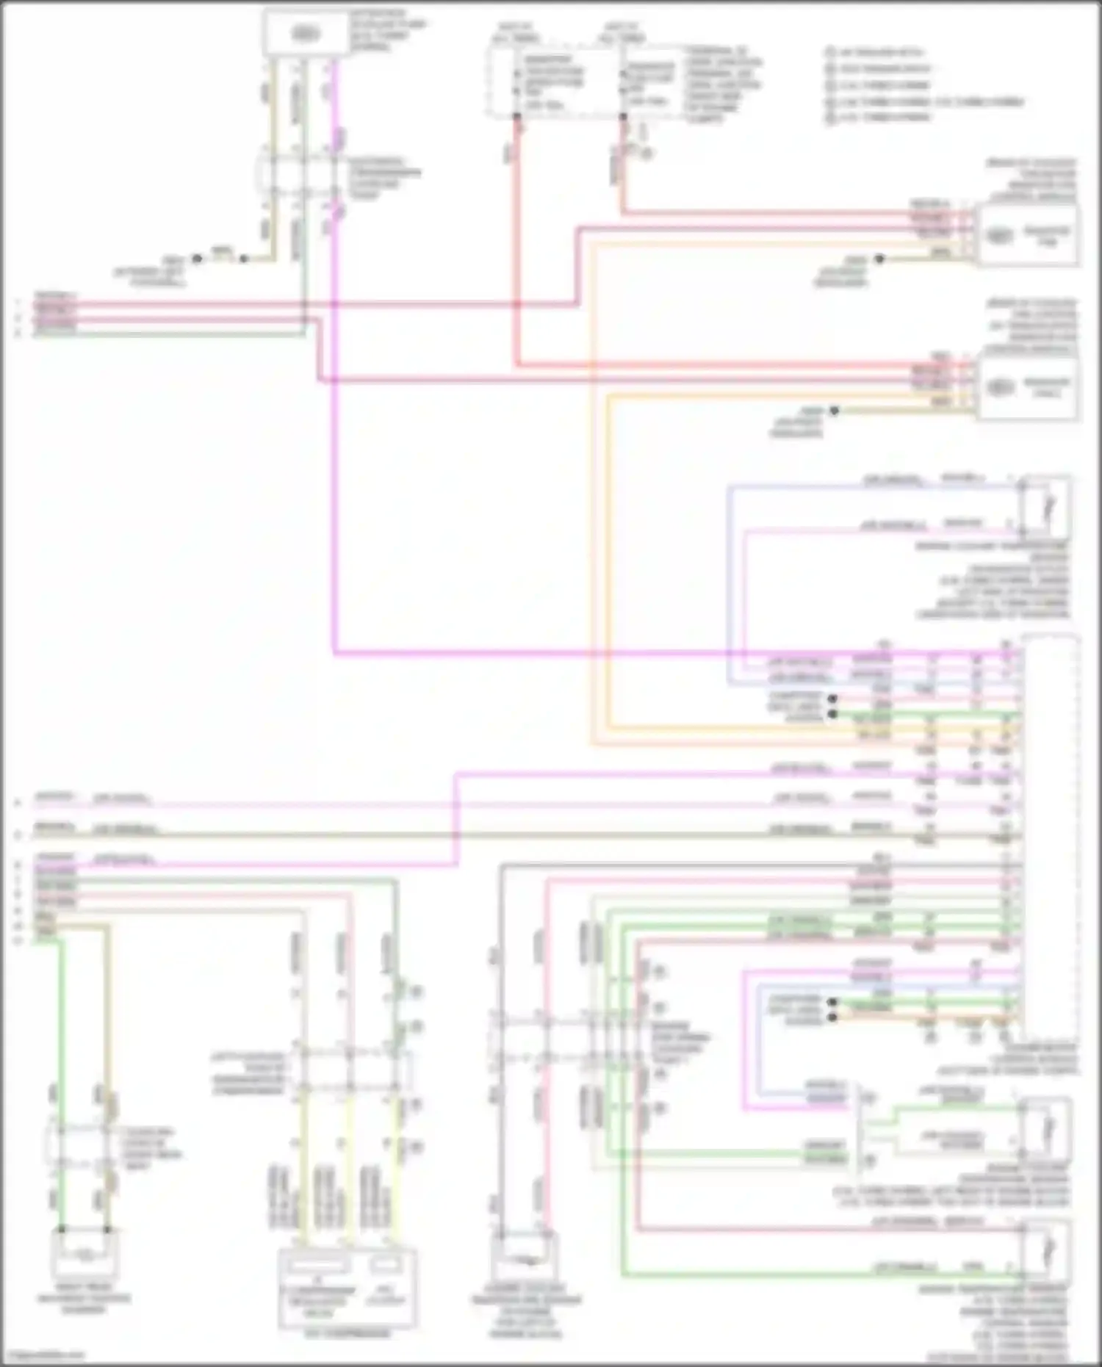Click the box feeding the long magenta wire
[306, 34]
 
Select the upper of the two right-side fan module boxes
[1026, 235]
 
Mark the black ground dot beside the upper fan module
[879, 259]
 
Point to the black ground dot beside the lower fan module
[834, 411]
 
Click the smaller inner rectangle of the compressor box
[385, 1264]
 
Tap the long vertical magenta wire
[335, 441]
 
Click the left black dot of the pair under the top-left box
[197, 259]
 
